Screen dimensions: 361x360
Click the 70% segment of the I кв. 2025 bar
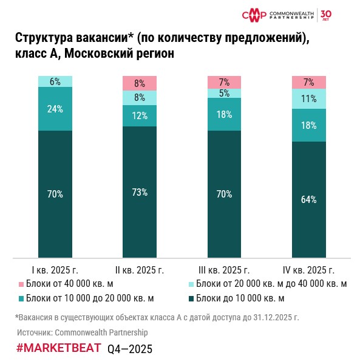[55, 194]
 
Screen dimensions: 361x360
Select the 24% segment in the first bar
[55, 109]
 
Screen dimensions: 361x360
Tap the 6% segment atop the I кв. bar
[55, 81]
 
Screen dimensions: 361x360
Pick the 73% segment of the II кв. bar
[140, 191]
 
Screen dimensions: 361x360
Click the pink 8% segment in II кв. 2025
[140, 83]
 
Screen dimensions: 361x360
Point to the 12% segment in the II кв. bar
[140, 115]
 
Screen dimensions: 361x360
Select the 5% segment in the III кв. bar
[225, 93]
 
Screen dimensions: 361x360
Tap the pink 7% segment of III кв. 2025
[225, 82]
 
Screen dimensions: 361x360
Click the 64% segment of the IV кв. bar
[309, 199]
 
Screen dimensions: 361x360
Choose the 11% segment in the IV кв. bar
[309, 98]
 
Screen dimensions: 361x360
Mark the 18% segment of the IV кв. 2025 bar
[309, 125]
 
